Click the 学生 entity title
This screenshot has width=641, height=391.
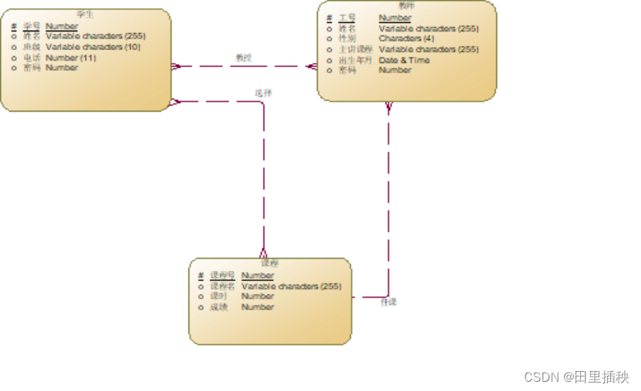pyautogui.click(x=85, y=14)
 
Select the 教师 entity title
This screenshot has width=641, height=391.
pyautogui.click(x=406, y=5)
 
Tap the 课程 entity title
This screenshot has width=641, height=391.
pyautogui.click(x=269, y=263)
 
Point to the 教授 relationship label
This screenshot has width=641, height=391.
pyautogui.click(x=244, y=58)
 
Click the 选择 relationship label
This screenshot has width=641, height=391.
pyautogui.click(x=264, y=93)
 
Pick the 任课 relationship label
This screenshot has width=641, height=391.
pyautogui.click(x=389, y=302)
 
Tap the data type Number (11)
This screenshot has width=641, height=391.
pyautogui.click(x=71, y=58)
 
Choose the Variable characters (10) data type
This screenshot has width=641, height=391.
pyautogui.click(x=93, y=47)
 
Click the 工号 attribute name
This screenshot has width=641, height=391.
pyautogui.click(x=348, y=18)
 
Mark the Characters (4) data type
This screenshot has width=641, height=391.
pyautogui.click(x=406, y=38)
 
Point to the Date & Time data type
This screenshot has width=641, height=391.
pyautogui.click(x=404, y=60)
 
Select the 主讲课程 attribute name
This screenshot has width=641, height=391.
pyautogui.click(x=356, y=49)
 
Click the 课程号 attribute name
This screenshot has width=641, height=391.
pyautogui.click(x=222, y=276)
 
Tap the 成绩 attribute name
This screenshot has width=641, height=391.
pyautogui.click(x=219, y=307)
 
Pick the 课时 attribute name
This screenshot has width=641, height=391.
pyautogui.click(x=219, y=296)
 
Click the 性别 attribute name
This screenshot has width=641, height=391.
pyautogui.click(x=348, y=38)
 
